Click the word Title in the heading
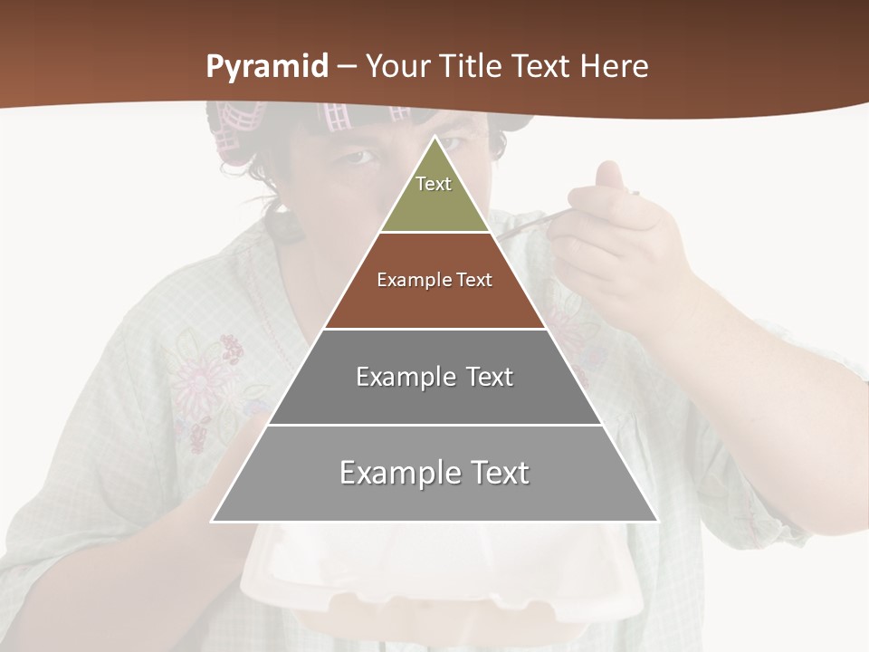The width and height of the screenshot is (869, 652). [x=470, y=67]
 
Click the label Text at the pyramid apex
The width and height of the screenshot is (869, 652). [x=434, y=184]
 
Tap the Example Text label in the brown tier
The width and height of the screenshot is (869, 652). [x=434, y=280]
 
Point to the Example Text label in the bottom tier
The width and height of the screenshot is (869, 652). [x=434, y=473]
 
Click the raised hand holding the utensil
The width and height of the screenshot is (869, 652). [x=616, y=235]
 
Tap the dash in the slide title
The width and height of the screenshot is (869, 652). [x=347, y=67]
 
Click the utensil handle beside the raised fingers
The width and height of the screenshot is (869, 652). [x=525, y=225]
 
